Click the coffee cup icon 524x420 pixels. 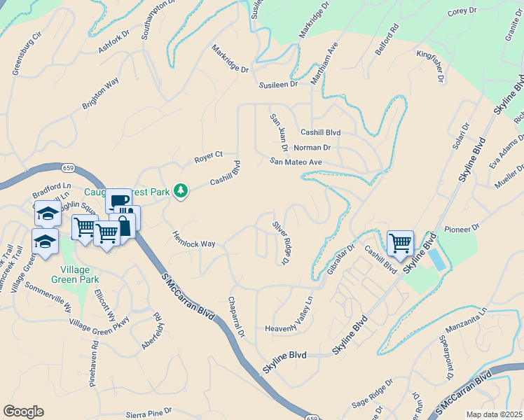(x=119, y=201)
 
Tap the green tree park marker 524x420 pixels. (x=181, y=190)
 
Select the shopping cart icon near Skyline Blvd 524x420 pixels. (x=400, y=244)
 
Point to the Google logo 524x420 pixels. (x=23, y=412)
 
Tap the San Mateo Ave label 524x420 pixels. (x=296, y=162)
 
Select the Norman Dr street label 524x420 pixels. (x=312, y=148)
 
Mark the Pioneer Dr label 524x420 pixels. (x=465, y=228)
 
